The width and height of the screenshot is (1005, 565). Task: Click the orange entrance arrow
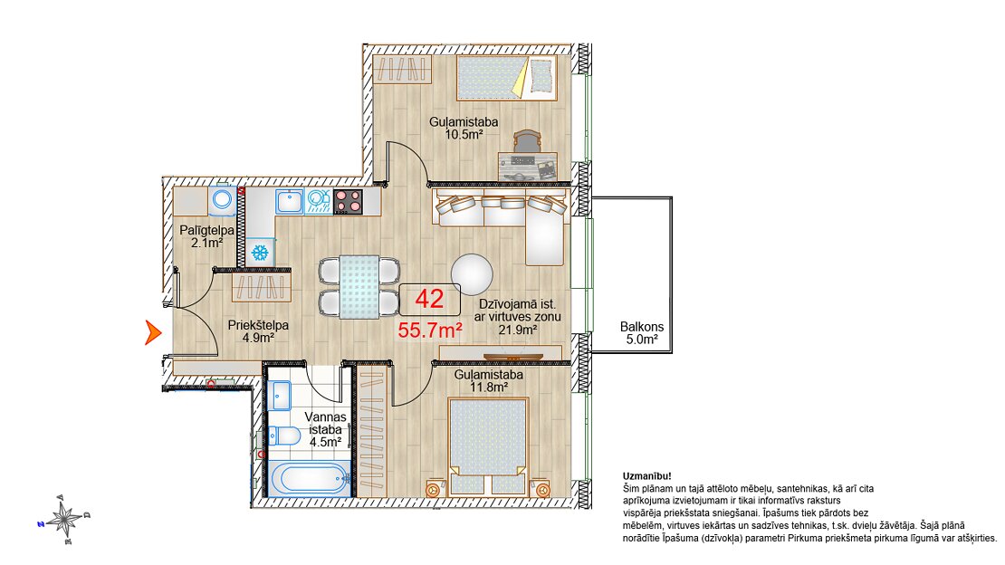pyautogui.click(x=152, y=333)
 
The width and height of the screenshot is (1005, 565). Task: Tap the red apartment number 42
pyautogui.click(x=429, y=299)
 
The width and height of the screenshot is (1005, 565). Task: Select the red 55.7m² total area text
pyautogui.click(x=431, y=330)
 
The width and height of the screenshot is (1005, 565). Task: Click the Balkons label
pyautogui.click(x=642, y=327)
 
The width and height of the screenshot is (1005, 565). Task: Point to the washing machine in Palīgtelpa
pyautogui.click(x=223, y=200)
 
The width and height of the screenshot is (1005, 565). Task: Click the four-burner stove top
pyautogui.click(x=348, y=201)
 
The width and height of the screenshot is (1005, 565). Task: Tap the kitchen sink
pyautogui.click(x=290, y=201)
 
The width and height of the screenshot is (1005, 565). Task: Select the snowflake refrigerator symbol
pyautogui.click(x=260, y=253)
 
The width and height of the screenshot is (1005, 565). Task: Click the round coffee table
pyautogui.click(x=472, y=274)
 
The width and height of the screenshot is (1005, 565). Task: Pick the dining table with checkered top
pyautogui.click(x=359, y=286)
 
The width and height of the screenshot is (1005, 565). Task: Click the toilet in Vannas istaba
pyautogui.click(x=284, y=436)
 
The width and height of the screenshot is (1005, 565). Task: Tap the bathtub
pyautogui.click(x=309, y=478)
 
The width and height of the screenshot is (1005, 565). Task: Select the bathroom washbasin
pyautogui.click(x=280, y=395)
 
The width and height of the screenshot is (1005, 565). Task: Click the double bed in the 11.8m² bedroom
pyautogui.click(x=488, y=446)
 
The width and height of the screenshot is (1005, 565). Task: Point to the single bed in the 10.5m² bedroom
pyautogui.click(x=506, y=78)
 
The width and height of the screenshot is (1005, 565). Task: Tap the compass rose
pyautogui.click(x=64, y=518)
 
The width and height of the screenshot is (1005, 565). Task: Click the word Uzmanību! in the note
pyautogui.click(x=647, y=476)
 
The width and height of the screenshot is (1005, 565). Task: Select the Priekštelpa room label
pyautogui.click(x=258, y=325)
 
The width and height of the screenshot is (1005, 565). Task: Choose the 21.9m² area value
pyautogui.click(x=518, y=330)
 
